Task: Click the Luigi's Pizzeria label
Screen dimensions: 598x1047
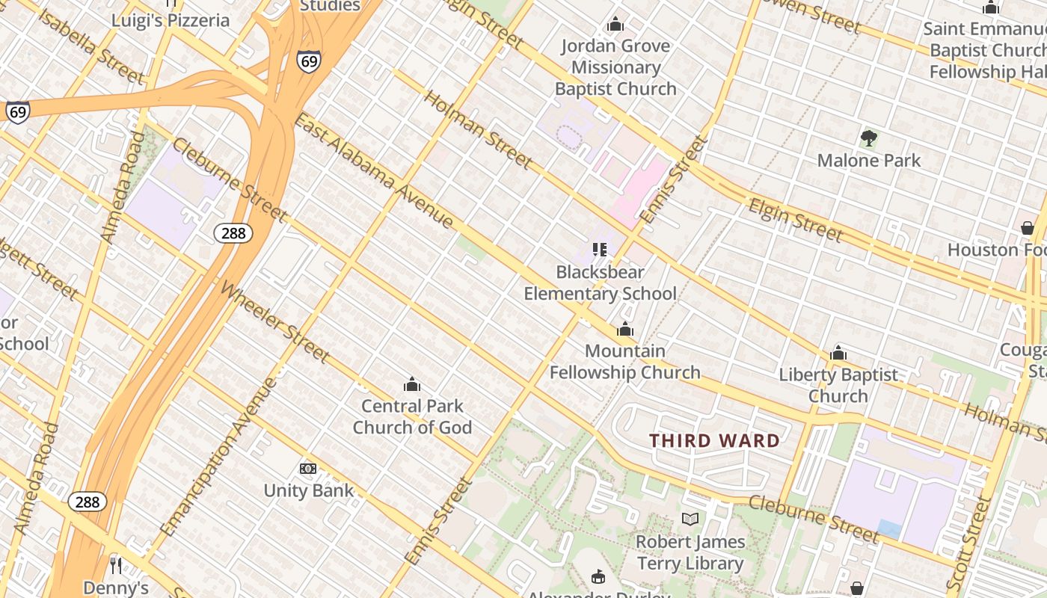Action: tap(171, 20)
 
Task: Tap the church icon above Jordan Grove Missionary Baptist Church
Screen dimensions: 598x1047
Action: tap(615, 25)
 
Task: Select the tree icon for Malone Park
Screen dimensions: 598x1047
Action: tap(868, 138)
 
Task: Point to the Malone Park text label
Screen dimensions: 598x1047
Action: tap(869, 160)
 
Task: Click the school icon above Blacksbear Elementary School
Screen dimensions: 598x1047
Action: tap(600, 250)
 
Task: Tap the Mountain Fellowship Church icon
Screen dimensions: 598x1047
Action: tap(625, 330)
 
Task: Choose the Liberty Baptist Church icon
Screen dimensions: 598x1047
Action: tap(838, 353)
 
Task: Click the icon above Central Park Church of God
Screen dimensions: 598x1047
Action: tap(411, 385)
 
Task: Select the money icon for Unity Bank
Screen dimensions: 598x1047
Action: tap(308, 469)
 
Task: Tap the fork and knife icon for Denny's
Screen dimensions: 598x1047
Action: tap(116, 565)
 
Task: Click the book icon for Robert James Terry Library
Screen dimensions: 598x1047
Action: tap(690, 520)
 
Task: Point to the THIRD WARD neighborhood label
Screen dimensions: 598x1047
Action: tap(714, 441)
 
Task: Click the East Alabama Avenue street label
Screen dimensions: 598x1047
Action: tap(374, 170)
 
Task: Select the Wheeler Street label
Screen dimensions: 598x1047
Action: tap(274, 321)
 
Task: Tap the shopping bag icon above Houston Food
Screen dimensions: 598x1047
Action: tap(1027, 228)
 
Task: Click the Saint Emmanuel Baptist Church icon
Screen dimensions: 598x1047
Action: tap(991, 8)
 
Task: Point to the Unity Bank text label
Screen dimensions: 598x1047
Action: tap(308, 491)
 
